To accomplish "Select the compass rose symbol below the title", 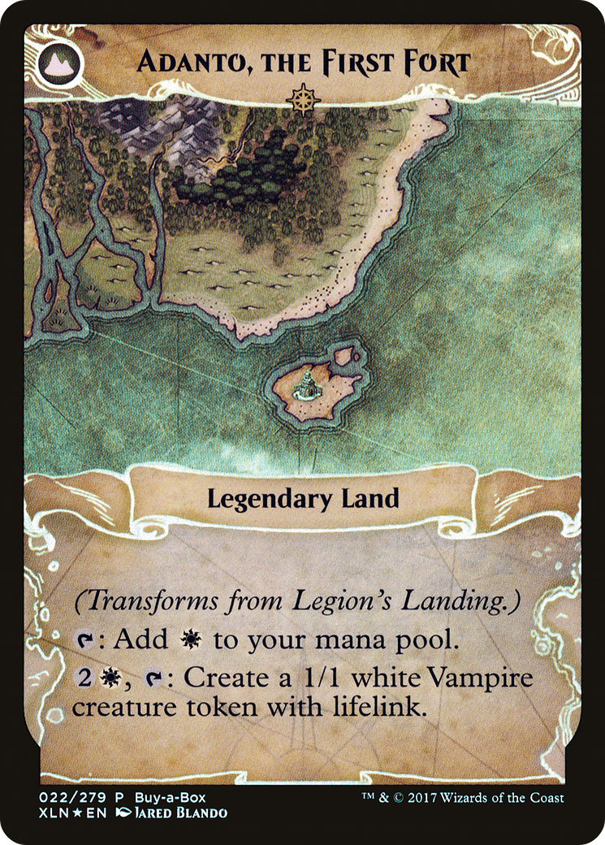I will click(x=302, y=99).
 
